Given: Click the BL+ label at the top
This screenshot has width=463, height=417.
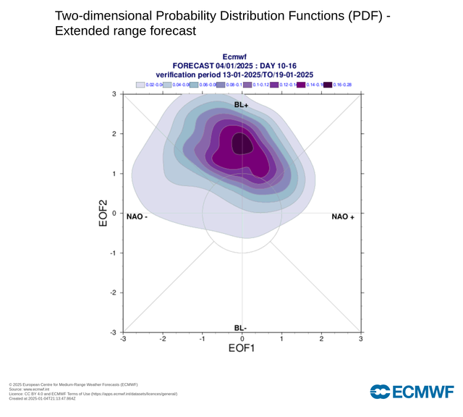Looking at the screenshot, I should pos(242,104).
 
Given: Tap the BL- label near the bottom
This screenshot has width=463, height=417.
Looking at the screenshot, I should pos(242,328).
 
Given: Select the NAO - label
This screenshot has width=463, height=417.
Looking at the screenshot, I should pos(137,216).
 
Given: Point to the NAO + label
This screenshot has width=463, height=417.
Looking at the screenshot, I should pos(343,216).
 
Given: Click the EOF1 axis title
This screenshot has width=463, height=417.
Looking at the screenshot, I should pos(242,349).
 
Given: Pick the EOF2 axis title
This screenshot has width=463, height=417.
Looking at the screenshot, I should pos(103,214).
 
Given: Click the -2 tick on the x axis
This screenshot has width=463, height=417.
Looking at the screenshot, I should pos(163,339).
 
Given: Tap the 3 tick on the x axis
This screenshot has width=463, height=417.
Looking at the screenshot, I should pos(361,339).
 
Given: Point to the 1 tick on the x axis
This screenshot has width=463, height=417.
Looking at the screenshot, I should pos(281,339).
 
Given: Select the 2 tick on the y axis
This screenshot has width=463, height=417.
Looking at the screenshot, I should pos(114,134).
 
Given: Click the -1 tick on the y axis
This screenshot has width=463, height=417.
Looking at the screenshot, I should pos(113,253).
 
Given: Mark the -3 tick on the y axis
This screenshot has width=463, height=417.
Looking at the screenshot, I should pos(113,332).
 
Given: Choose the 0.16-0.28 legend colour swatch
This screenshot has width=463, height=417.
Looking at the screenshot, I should pos(328,85).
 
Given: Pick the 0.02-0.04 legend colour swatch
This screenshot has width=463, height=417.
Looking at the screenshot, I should pos(140,85).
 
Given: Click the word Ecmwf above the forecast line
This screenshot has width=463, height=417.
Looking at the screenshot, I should pos(235,56).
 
